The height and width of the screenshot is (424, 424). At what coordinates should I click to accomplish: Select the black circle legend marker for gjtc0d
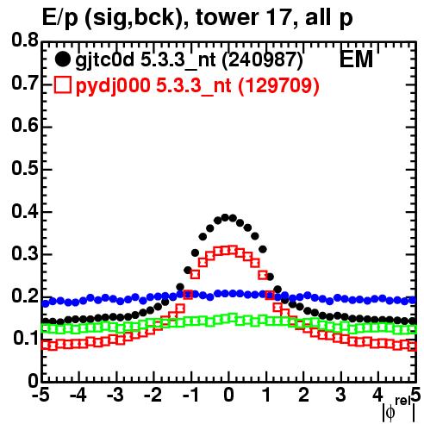pos(62,59)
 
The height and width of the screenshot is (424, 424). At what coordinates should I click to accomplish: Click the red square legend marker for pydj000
pos(62,84)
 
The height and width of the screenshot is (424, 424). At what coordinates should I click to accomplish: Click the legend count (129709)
pos(278,85)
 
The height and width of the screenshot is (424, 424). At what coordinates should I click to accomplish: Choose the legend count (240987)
pos(263,60)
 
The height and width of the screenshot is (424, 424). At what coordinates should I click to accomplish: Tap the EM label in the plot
pos(356,59)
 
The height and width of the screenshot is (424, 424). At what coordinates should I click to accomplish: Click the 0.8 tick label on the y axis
pos(25,41)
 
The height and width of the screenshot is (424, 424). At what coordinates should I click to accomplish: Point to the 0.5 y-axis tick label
pos(25,168)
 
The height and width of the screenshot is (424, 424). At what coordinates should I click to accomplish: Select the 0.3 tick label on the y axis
pos(25,253)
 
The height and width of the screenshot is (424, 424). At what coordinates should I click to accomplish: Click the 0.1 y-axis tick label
pos(25,339)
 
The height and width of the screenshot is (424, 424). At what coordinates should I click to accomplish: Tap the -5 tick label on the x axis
pos(41,396)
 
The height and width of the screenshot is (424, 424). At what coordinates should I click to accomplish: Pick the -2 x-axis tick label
pos(153,396)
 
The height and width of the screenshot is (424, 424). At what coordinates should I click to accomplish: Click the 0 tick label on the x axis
pos(228,396)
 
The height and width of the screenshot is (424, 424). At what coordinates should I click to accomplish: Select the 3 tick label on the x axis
pos(340,396)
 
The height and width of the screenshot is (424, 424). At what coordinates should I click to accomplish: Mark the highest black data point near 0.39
pos(225,217)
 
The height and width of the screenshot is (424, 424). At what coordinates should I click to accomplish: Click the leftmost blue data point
pos(45,303)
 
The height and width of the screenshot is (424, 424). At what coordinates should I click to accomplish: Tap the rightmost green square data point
pos(413,329)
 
